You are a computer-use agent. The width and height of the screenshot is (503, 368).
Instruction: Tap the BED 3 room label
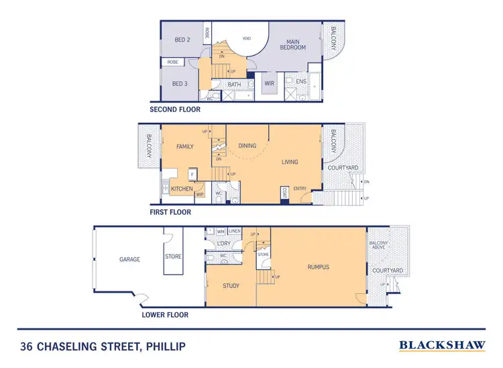(179, 83)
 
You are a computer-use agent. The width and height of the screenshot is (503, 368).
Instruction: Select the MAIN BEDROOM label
(292, 44)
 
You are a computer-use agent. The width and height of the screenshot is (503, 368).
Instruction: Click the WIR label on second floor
(270, 84)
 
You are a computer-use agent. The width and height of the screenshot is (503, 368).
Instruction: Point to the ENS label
(301, 82)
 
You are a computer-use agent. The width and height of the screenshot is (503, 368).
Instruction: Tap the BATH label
(234, 85)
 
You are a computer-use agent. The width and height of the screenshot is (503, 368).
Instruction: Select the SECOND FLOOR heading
(181, 109)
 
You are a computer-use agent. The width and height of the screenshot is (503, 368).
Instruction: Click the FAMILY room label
(185, 146)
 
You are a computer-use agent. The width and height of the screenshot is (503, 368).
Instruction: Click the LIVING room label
(290, 162)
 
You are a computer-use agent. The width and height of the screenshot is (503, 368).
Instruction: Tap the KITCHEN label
(182, 189)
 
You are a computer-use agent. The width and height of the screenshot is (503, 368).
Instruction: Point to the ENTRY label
(300, 189)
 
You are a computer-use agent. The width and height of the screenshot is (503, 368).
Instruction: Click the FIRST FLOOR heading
(171, 212)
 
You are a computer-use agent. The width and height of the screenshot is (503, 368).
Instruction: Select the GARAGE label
(130, 259)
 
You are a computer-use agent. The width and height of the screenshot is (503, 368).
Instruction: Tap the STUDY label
(231, 285)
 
